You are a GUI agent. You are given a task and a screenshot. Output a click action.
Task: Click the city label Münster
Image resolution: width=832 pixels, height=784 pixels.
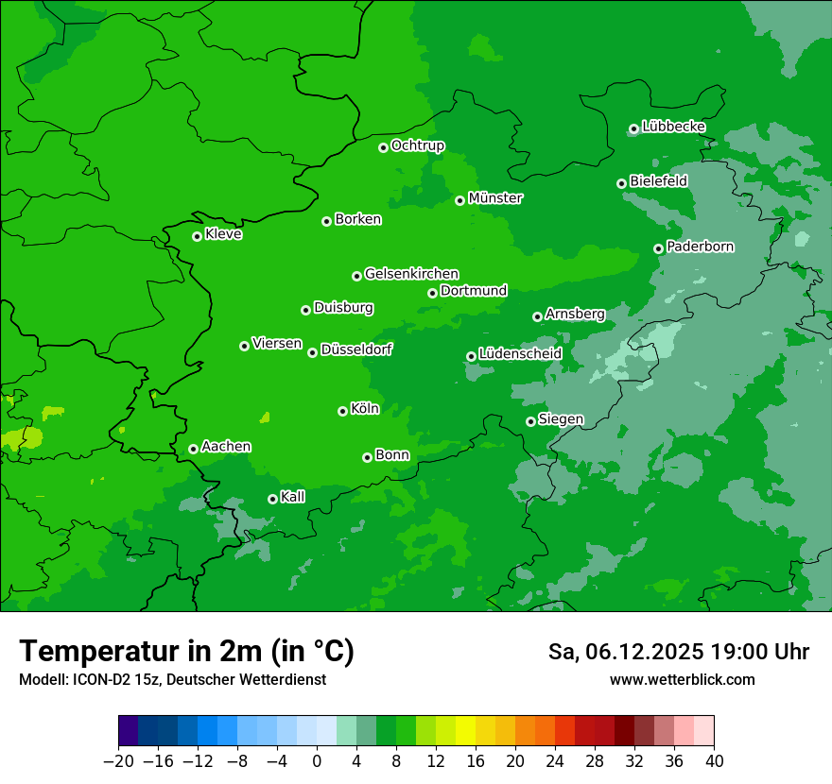click(x=495, y=198)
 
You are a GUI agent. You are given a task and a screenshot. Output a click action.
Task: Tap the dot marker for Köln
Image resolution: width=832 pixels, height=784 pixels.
click(x=342, y=411)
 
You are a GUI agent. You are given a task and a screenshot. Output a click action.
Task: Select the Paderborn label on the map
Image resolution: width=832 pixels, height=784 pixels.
click(x=701, y=247)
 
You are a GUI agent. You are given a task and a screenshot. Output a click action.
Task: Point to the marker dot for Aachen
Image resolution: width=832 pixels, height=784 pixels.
click(x=193, y=449)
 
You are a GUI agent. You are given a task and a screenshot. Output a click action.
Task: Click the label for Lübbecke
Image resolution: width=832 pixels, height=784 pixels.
click(x=673, y=127)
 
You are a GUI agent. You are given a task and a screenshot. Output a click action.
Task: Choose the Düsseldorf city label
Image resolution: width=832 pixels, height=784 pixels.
click(x=356, y=349)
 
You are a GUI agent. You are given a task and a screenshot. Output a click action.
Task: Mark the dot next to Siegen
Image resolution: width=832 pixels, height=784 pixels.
click(x=530, y=421)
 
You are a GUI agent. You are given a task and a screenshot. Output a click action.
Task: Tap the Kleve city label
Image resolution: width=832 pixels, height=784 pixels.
click(x=224, y=234)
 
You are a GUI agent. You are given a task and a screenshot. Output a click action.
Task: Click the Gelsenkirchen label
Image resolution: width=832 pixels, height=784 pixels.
click(x=411, y=274)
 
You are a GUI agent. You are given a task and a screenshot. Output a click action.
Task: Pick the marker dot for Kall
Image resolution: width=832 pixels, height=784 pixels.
click(x=272, y=499)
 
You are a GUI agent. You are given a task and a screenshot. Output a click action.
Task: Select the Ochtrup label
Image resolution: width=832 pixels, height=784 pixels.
click(x=418, y=145)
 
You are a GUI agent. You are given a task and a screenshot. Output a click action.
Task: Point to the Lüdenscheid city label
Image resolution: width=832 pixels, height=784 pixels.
click(x=520, y=354)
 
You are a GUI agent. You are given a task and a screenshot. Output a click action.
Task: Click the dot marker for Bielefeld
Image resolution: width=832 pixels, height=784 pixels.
click(x=621, y=183)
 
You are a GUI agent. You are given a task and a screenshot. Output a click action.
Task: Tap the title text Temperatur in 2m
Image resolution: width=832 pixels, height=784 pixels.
click(x=186, y=651)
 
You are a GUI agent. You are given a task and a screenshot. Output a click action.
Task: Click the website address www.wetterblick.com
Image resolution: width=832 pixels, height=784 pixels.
click(x=682, y=679)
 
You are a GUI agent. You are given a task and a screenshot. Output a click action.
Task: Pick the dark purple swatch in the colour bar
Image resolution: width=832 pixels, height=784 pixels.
click(x=129, y=731)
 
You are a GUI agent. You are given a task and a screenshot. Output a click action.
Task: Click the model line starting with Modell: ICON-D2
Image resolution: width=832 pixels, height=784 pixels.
click(x=172, y=679)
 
